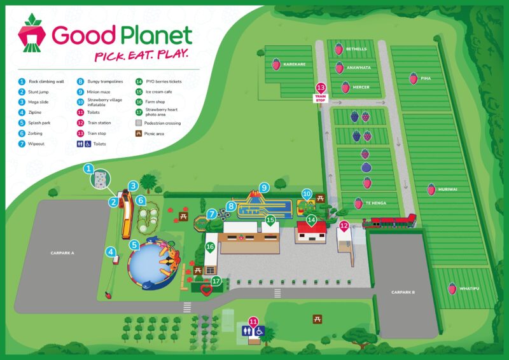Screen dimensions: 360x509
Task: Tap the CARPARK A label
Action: [x=63, y=253]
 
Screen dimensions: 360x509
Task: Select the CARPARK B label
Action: [x=403, y=292]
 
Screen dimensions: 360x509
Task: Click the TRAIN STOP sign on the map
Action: [x=321, y=93]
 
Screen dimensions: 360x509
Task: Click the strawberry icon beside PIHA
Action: [x=414, y=78]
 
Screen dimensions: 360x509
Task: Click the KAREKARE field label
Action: [x=295, y=64]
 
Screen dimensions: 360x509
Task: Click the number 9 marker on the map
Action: [x=264, y=188]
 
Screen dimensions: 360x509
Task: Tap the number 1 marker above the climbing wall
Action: [x=90, y=169]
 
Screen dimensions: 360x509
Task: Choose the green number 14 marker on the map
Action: [x=311, y=220]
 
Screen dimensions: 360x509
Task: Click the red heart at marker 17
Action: [x=206, y=291]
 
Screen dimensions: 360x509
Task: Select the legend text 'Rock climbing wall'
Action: [x=46, y=81]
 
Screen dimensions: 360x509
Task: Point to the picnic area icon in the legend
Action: [x=139, y=134]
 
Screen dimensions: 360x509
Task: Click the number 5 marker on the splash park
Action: [x=134, y=244]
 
